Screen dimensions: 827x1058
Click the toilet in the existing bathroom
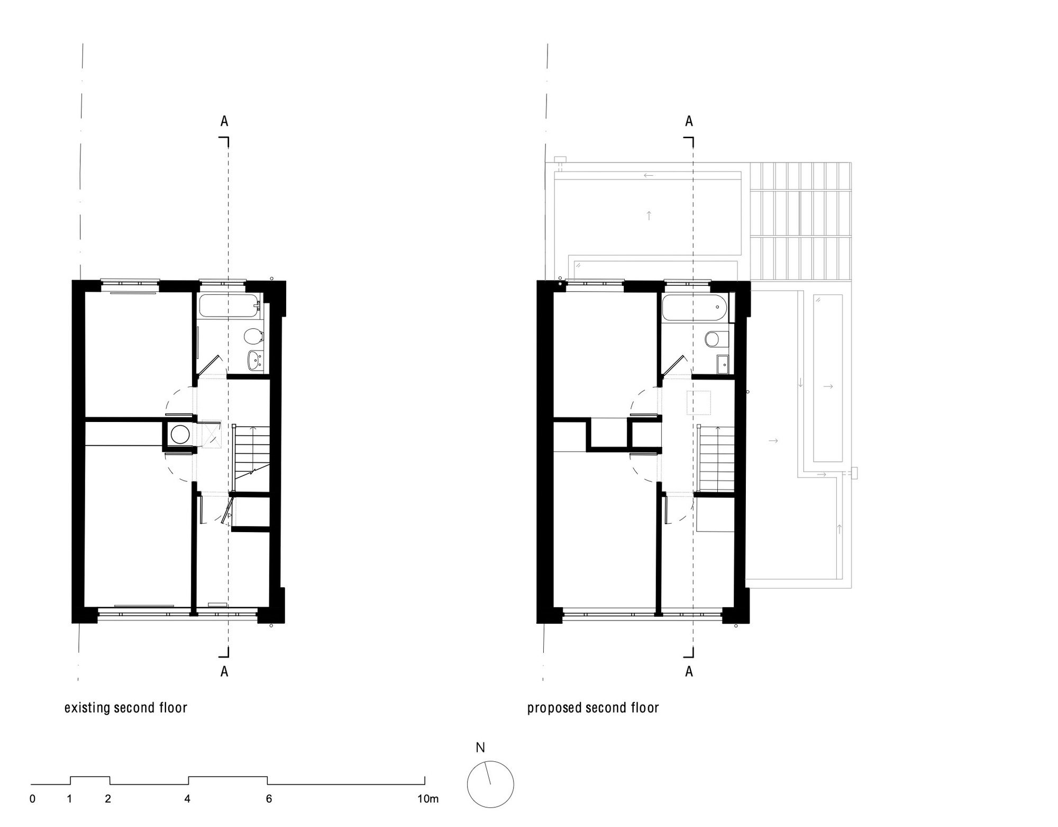[x=253, y=336]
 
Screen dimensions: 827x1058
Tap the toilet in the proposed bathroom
[x=714, y=338]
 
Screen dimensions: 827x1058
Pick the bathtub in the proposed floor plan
[x=691, y=308]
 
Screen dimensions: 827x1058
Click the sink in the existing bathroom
[x=254, y=361]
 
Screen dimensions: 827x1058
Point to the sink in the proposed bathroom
[x=722, y=363]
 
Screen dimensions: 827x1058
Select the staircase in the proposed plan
[x=716, y=459]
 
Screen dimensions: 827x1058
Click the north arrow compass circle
[x=490, y=785]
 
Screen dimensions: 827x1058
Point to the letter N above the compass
[x=480, y=748]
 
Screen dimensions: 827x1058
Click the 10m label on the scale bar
[x=428, y=799]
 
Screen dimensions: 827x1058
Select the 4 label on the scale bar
[x=187, y=799]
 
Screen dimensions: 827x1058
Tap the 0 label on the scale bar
[x=32, y=799]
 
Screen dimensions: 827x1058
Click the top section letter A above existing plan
[x=224, y=121]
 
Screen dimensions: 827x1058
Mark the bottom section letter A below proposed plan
[x=689, y=671]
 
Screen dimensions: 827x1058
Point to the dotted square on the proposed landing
[x=698, y=402]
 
